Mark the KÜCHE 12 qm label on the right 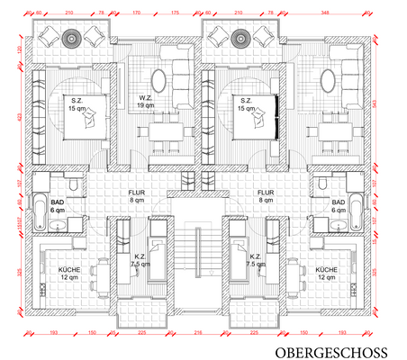326,273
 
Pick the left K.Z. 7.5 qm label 140,261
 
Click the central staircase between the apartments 198,261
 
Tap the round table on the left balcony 70,38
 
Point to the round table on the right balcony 240,38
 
